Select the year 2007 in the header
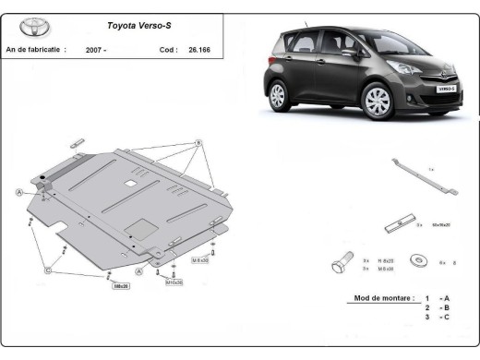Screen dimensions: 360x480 [x=95, y=49]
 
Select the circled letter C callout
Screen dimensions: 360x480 [x=47, y=270]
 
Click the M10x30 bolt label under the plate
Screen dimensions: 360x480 [x=174, y=282]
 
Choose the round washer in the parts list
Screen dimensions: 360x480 [x=419, y=261]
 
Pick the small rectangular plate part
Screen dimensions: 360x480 [x=395, y=224]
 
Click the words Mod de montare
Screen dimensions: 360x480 [x=384, y=299]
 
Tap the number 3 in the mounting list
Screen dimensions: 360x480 [x=427, y=317]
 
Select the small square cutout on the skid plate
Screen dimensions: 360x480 [x=134, y=179]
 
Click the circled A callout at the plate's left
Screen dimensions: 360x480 [x=18, y=191]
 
